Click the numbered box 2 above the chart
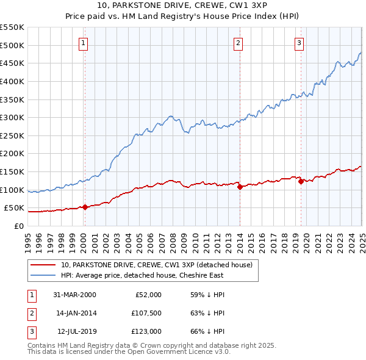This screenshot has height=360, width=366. pyautogui.click(x=237, y=43)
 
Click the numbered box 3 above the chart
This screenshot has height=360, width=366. pyautogui.click(x=299, y=43)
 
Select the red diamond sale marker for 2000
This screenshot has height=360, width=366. pyautogui.click(x=85, y=207)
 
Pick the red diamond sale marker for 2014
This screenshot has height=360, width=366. pyautogui.click(x=240, y=187)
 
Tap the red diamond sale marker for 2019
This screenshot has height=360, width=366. pyautogui.click(x=301, y=181)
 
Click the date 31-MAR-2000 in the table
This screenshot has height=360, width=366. pyautogui.click(x=75, y=294)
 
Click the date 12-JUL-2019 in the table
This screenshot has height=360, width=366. pyautogui.click(x=76, y=332)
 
